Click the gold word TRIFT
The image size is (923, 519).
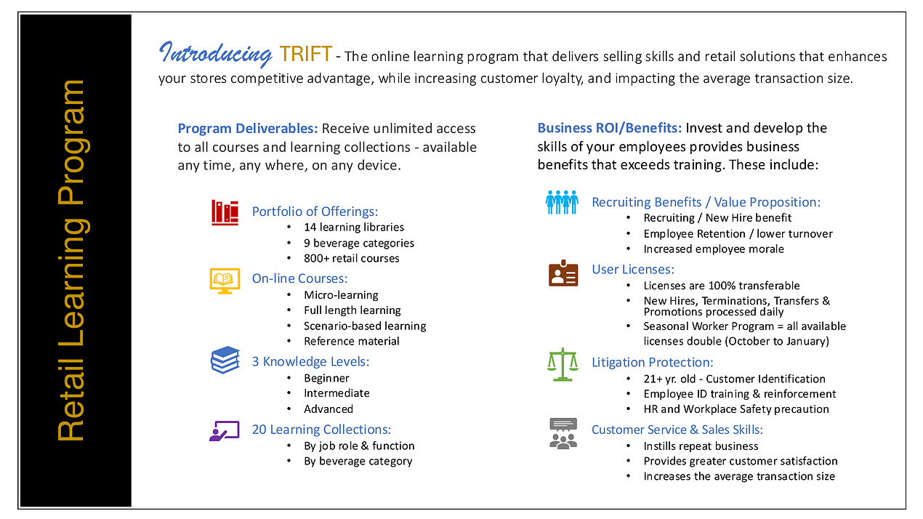(x=305, y=54)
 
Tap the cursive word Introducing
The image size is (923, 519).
(x=215, y=54)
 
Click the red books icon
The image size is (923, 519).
(x=225, y=213)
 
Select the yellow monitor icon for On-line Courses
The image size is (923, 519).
(x=225, y=281)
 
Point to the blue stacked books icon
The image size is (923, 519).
(x=225, y=360)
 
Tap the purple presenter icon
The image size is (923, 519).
(x=225, y=431)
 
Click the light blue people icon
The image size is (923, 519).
(x=562, y=202)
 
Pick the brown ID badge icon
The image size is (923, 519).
(x=563, y=273)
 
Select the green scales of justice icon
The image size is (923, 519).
(x=563, y=364)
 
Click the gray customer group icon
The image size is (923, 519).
(x=563, y=433)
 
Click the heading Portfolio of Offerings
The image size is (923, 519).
(x=315, y=212)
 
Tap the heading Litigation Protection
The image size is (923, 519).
(x=653, y=362)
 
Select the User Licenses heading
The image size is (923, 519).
(x=633, y=269)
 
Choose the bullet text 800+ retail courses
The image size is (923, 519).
(x=352, y=259)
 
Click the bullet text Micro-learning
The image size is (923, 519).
(x=341, y=295)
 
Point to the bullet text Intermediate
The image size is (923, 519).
(x=336, y=393)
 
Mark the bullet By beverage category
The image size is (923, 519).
(x=358, y=462)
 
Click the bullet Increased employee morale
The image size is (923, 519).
(x=714, y=249)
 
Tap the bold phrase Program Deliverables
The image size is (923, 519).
(x=248, y=129)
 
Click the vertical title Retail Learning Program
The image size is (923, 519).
(x=73, y=260)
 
